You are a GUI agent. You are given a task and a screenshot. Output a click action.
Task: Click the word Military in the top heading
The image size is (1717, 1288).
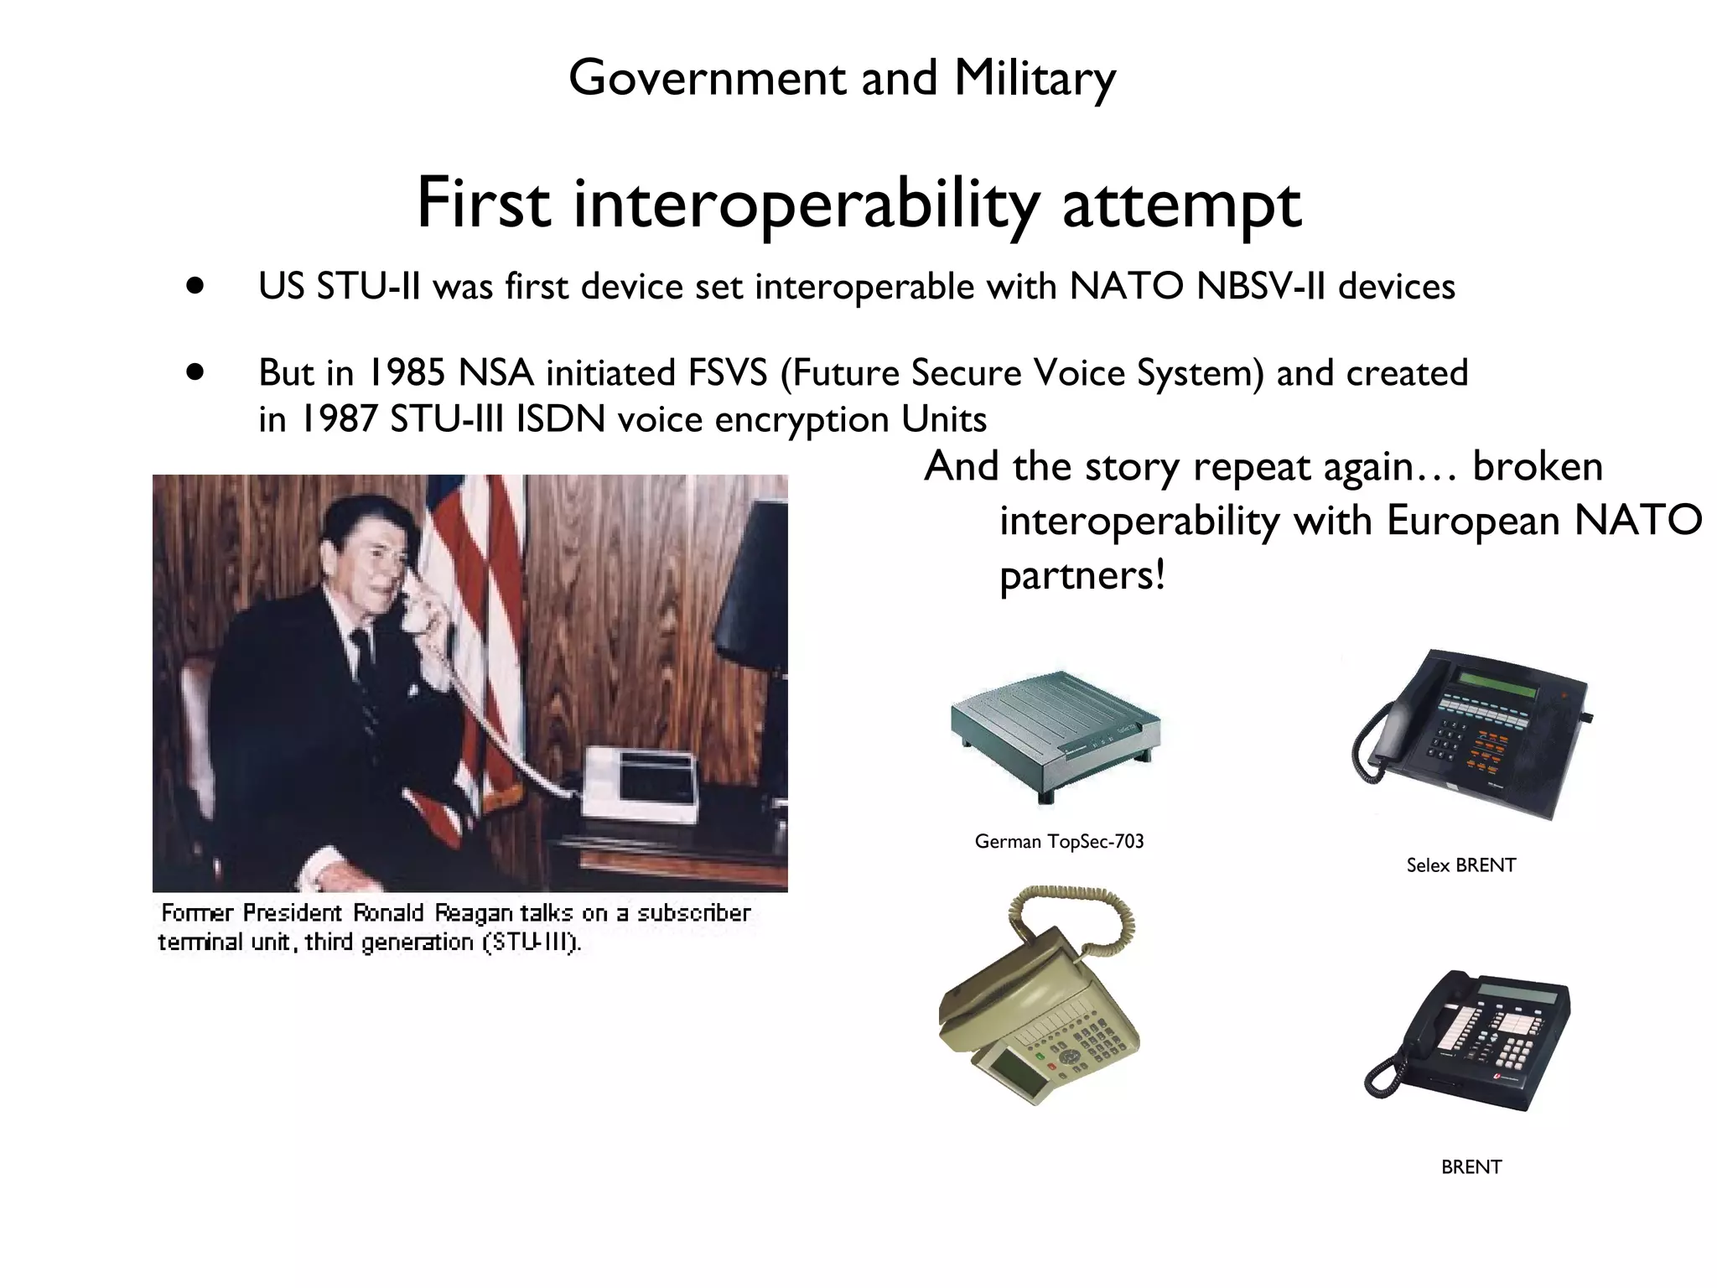coord(1034,78)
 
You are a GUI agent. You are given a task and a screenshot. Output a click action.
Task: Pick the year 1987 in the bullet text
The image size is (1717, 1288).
coord(340,419)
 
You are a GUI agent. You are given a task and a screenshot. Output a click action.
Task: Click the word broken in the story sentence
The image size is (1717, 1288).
coord(1537,466)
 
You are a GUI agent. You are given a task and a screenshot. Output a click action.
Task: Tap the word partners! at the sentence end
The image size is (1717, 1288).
coord(1082,575)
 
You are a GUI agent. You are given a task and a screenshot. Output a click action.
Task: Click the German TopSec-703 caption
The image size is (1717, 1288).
coord(1059,841)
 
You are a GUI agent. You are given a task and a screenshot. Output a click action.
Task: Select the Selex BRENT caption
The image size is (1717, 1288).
coord(1460,865)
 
